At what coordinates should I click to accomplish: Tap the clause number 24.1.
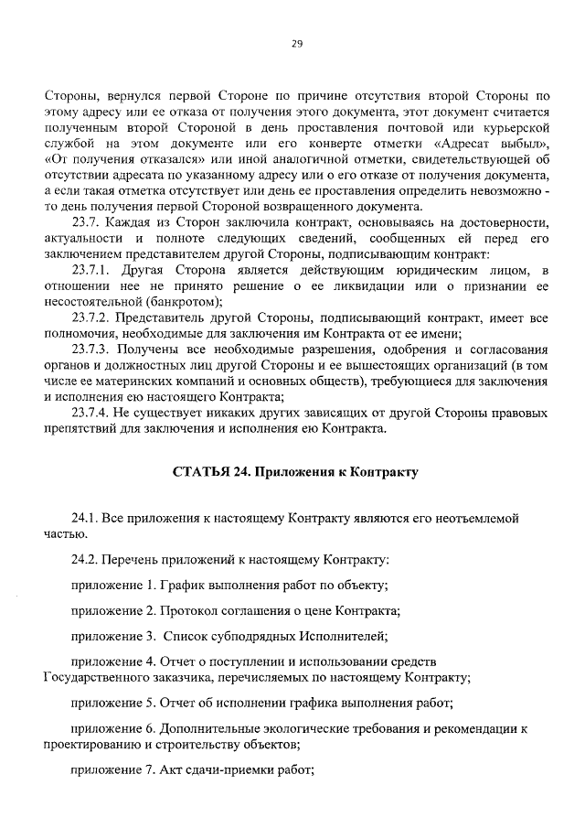[x=85, y=518]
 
